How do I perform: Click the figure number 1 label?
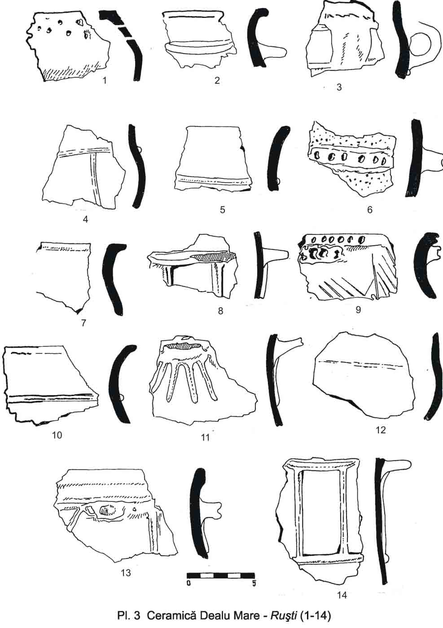[x=105, y=81]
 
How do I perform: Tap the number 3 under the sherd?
[x=339, y=87]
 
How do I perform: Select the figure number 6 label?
[x=370, y=210]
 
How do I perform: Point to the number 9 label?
[x=358, y=310]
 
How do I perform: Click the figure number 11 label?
[x=206, y=438]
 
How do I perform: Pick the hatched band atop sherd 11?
[x=183, y=346]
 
